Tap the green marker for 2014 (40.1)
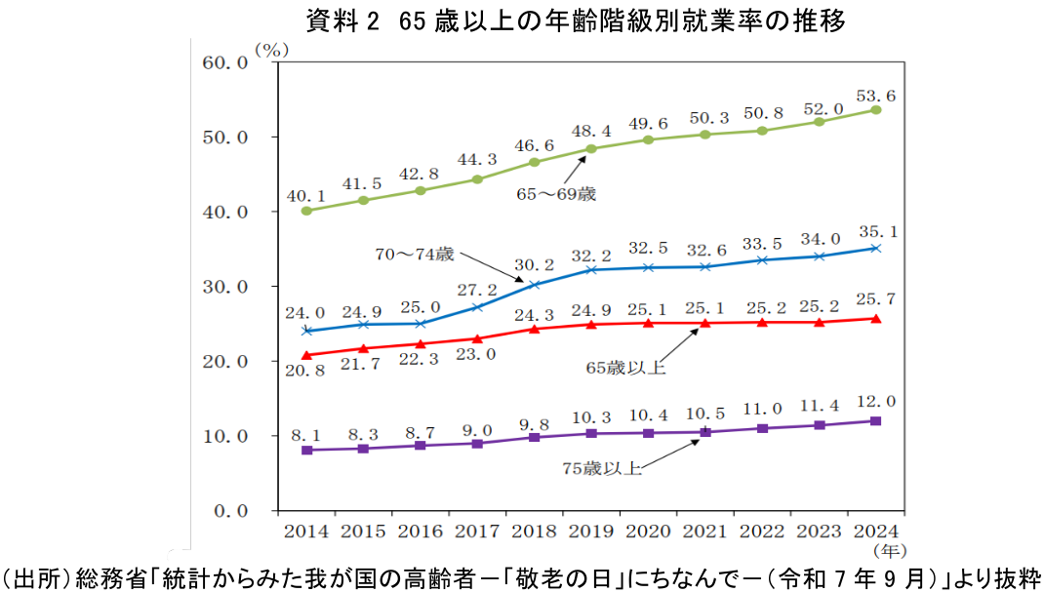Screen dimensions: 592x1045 pos(306,211)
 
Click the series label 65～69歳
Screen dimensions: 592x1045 pos(556,194)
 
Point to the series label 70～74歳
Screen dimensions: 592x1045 pos(415,254)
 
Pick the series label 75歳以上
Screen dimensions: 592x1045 pos(602,468)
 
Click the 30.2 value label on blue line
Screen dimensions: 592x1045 pos(534,264)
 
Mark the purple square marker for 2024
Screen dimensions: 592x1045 pos(875,421)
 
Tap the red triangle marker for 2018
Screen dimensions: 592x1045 pos(534,329)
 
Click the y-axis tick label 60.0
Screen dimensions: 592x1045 pos(225,62)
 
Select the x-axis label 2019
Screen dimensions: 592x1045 pos(591,532)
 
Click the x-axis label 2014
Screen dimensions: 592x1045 pos(306,532)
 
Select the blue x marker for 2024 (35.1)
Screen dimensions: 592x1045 pos(875,249)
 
